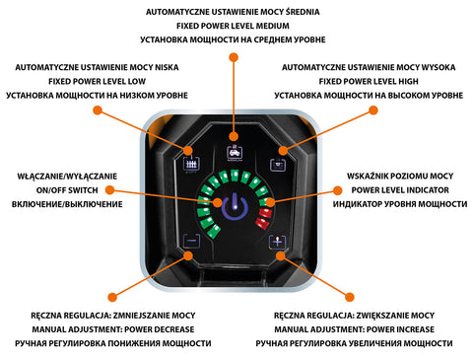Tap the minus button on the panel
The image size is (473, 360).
[x=191, y=242]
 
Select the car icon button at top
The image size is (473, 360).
[x=235, y=153]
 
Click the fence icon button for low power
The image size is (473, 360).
[x=191, y=164]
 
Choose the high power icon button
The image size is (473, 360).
[x=278, y=164]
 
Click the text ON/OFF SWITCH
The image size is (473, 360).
[x=67, y=190]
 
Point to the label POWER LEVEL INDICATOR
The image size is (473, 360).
[x=400, y=190]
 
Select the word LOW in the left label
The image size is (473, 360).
[x=137, y=81]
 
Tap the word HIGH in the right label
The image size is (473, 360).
[x=408, y=81]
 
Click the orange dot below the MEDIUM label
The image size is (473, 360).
[x=234, y=57]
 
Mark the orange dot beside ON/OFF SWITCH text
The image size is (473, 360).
[x=109, y=189]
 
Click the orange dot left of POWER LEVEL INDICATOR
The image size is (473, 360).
[x=337, y=190]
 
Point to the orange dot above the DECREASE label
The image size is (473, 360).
[x=112, y=297]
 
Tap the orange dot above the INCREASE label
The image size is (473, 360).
[x=350, y=297]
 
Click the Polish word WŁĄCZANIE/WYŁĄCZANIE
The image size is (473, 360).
[x=67, y=177]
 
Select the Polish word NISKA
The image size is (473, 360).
[x=167, y=67]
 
